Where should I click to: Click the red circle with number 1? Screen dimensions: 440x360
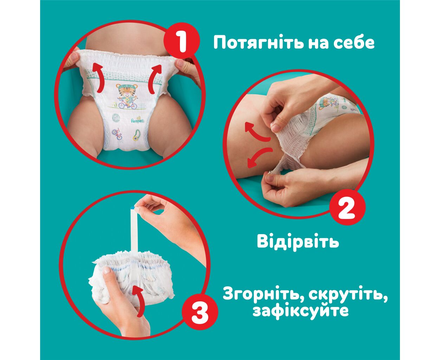[x=182, y=40]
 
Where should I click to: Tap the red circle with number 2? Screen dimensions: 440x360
[x=347, y=207]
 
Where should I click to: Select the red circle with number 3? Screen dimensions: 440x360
[x=200, y=311]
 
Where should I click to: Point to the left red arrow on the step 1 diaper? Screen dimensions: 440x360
[x=98, y=78]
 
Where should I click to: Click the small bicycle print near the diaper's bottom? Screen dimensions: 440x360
[x=117, y=134]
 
